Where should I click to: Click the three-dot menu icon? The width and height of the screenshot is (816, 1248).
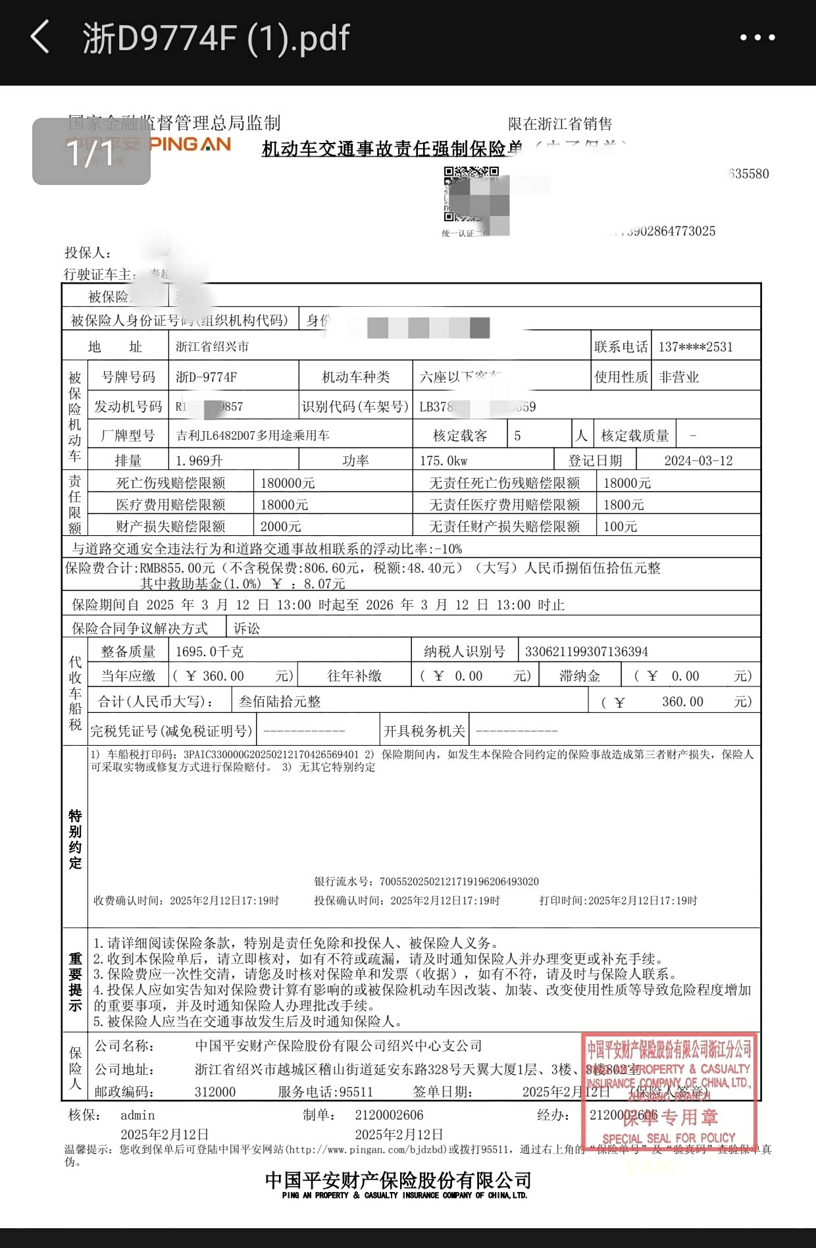757,38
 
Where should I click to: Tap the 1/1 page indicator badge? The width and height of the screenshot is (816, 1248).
91,152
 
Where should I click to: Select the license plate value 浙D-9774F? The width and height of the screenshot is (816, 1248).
206,377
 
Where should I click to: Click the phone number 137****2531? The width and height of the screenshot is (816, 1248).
696,347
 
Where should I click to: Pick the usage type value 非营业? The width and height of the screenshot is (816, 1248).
679,377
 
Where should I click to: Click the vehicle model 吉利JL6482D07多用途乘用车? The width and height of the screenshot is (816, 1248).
253,435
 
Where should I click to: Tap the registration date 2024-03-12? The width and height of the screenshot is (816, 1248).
698,461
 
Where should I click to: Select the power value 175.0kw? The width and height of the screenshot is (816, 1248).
444,461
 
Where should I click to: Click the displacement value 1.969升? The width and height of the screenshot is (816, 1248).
199,461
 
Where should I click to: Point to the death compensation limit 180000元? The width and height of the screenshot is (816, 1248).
288,483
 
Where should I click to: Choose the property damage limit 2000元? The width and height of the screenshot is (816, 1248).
280,527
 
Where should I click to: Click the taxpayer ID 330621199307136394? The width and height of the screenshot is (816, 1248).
586,652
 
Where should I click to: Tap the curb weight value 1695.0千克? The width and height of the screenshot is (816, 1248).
209,652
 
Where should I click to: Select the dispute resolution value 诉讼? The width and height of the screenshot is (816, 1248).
247,629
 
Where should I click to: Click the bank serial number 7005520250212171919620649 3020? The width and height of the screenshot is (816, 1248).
459,881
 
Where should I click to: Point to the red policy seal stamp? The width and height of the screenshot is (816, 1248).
669,1091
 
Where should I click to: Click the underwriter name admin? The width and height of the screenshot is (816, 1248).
138,1115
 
